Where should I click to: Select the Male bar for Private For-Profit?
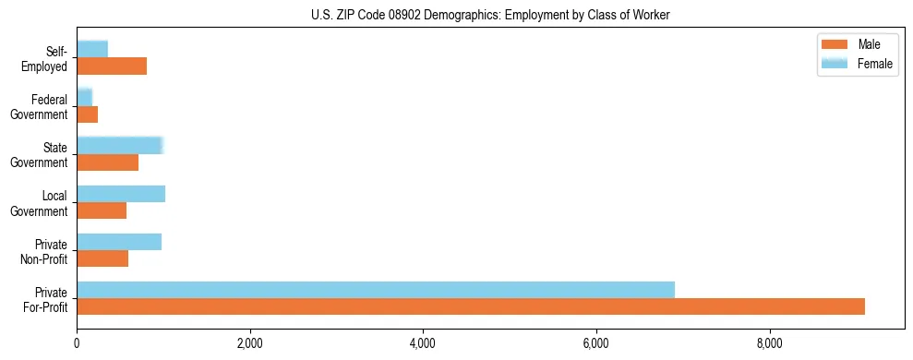click(x=471, y=306)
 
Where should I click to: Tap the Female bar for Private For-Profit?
click(x=376, y=290)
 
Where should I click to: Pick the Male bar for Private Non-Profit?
click(x=102, y=258)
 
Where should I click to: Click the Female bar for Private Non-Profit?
click(x=119, y=242)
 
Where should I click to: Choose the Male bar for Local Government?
click(x=102, y=210)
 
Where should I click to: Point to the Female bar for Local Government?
click(x=121, y=194)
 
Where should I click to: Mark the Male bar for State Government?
click(x=107, y=162)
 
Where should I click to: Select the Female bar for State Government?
click(x=120, y=145)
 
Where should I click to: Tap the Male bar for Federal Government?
click(x=87, y=114)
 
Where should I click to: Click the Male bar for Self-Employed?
click(x=112, y=66)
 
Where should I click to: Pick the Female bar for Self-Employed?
click(x=92, y=49)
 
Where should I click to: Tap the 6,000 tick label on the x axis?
click(x=596, y=344)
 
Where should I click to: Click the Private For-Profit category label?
click(x=45, y=299)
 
